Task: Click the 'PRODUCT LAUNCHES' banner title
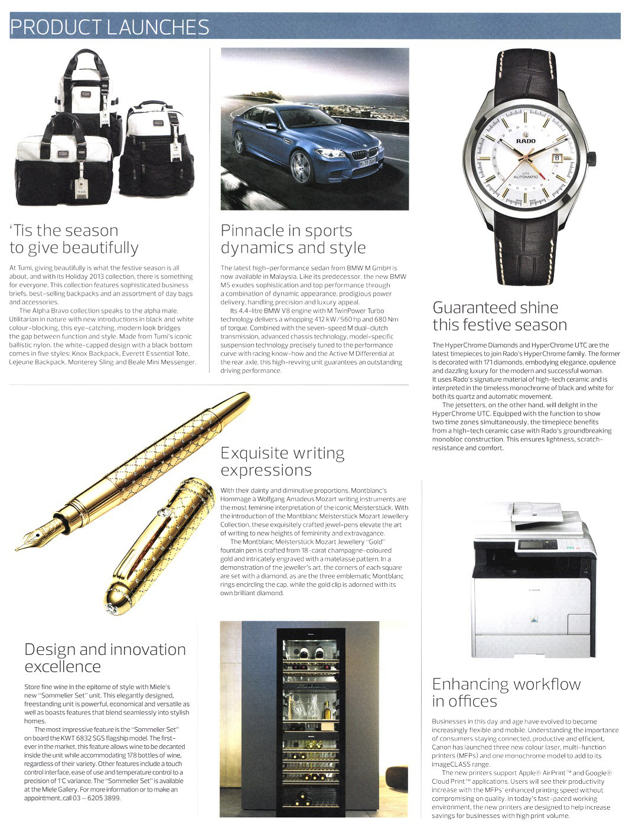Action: point(110,27)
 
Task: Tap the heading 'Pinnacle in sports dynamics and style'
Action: point(293,239)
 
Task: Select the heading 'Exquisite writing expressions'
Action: point(282,462)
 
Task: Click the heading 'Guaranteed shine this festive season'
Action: point(500,316)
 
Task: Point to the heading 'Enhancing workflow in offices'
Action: point(506,693)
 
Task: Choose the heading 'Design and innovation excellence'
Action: point(105,658)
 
